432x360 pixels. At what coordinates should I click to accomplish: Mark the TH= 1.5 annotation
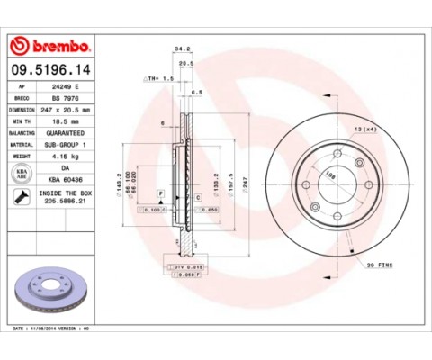pyautogui.click(x=158, y=78)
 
